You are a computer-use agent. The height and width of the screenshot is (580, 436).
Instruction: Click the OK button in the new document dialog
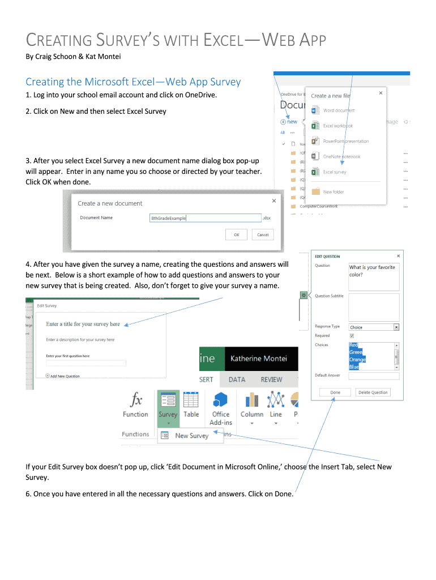(236, 234)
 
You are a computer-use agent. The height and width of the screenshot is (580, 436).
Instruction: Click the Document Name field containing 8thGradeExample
(204, 218)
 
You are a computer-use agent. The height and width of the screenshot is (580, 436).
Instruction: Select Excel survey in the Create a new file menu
(334, 172)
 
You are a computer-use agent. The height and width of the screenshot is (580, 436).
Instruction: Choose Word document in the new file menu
(339, 110)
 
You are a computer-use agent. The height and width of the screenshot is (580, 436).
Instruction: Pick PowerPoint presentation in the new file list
(345, 141)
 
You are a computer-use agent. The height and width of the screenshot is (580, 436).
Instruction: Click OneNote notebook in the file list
(341, 156)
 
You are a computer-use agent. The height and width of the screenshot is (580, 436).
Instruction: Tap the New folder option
(333, 192)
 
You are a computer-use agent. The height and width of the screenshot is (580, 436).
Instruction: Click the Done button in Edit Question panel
(335, 392)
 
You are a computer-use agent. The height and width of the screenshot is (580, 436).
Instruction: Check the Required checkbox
(352, 335)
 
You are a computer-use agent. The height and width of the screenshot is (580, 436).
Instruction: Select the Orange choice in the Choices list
(357, 360)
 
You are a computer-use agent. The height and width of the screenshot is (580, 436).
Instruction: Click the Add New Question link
(65, 376)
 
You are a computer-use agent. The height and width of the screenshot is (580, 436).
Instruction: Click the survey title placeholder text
(83, 324)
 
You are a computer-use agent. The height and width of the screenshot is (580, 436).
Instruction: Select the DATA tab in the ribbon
(237, 379)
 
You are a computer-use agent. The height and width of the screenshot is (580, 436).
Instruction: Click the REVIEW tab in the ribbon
(271, 379)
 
